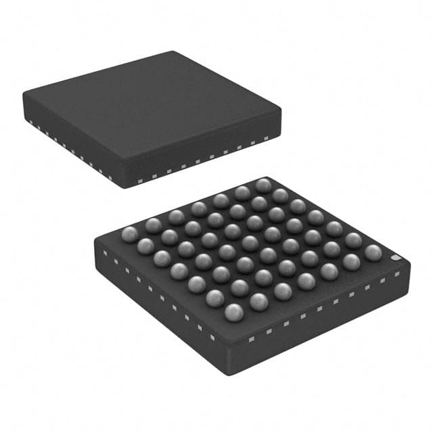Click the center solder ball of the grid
point(250,243)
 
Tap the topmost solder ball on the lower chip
point(263,185)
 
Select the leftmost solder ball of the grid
point(129,233)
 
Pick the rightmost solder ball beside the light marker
point(373,252)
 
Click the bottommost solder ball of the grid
point(233,312)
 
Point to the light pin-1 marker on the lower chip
point(397,257)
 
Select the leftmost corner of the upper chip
point(23,95)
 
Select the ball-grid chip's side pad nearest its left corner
point(106,254)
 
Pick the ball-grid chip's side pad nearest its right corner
point(397,274)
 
